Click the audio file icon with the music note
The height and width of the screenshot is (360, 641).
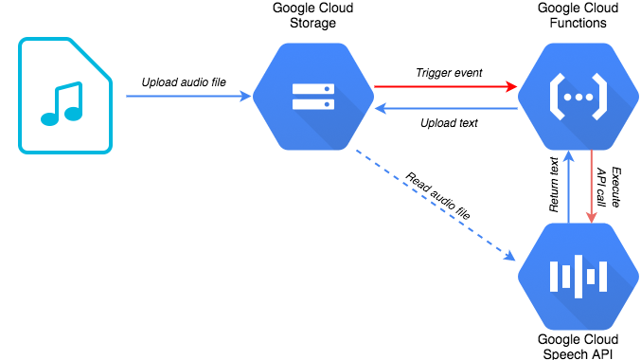[x=64, y=96]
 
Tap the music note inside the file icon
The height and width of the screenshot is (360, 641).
[x=61, y=104]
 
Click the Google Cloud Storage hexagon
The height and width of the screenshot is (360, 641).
[x=312, y=95]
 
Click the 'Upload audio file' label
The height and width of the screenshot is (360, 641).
[x=184, y=82]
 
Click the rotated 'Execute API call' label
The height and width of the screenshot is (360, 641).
[x=606, y=187]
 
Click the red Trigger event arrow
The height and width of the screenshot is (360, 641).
[x=445, y=87]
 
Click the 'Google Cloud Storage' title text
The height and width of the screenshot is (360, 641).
[x=312, y=16]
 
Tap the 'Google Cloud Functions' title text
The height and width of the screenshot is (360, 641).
[x=578, y=16]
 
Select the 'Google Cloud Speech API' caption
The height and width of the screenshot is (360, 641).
[x=578, y=346]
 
